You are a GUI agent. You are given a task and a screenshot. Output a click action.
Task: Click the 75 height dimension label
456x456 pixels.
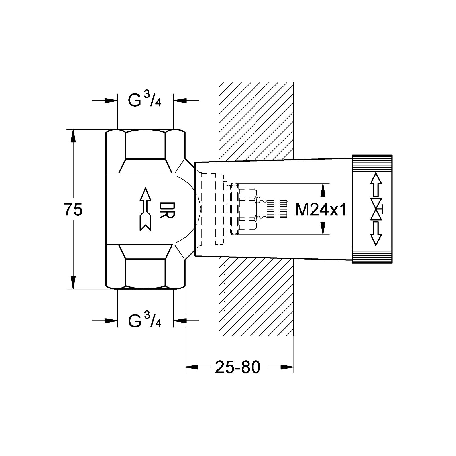click(73, 209)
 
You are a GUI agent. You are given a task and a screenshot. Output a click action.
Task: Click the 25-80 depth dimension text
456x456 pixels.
click(238, 367)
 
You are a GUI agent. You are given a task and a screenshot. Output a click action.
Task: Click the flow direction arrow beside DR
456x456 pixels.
click(146, 209)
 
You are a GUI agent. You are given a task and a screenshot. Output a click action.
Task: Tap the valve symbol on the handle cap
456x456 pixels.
click(376, 209)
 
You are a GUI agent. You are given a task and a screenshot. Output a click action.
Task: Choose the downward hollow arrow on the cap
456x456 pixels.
click(376, 233)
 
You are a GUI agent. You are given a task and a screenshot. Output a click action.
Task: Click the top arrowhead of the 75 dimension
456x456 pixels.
click(73, 136)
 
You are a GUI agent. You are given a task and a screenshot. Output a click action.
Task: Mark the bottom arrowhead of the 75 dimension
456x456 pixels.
click(73, 282)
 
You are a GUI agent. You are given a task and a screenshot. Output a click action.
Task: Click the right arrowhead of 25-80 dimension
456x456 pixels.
click(287, 367)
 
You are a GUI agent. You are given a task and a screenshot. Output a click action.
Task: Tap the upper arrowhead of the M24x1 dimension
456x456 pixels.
click(323, 190)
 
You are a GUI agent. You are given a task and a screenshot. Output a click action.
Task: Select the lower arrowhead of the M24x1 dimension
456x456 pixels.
click(323, 228)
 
